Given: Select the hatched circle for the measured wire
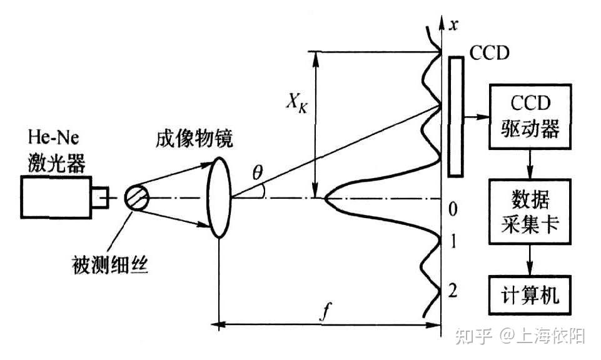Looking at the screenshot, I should (x=137, y=199).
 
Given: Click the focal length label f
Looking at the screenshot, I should (x=325, y=313).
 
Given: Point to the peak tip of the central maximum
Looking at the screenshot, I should (x=325, y=199).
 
